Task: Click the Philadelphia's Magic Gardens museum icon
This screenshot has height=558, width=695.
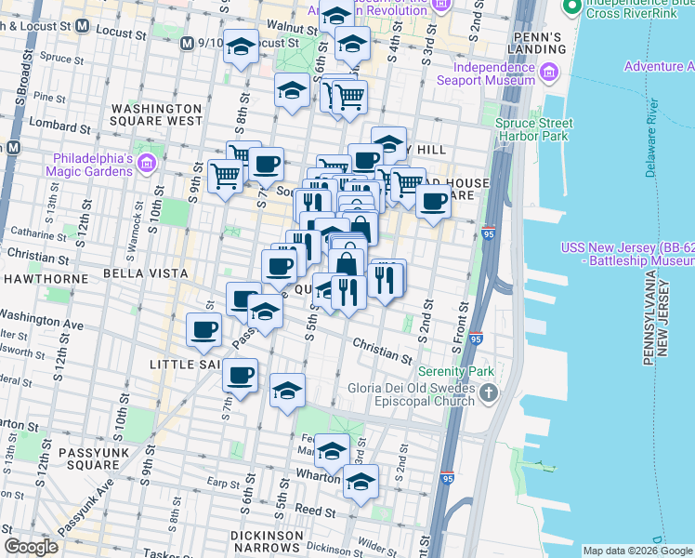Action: (146, 165)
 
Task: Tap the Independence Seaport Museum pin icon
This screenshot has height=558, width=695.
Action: (549, 72)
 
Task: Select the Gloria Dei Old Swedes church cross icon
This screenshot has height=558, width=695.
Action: (491, 396)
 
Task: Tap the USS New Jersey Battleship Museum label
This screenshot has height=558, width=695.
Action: (627, 256)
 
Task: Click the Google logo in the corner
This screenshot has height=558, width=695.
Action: (31, 547)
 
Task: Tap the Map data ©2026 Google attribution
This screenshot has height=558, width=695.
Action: (636, 551)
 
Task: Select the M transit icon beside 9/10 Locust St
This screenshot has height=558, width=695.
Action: (188, 43)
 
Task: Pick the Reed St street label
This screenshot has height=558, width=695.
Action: (316, 511)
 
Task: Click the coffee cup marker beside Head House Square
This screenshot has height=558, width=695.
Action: (433, 201)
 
